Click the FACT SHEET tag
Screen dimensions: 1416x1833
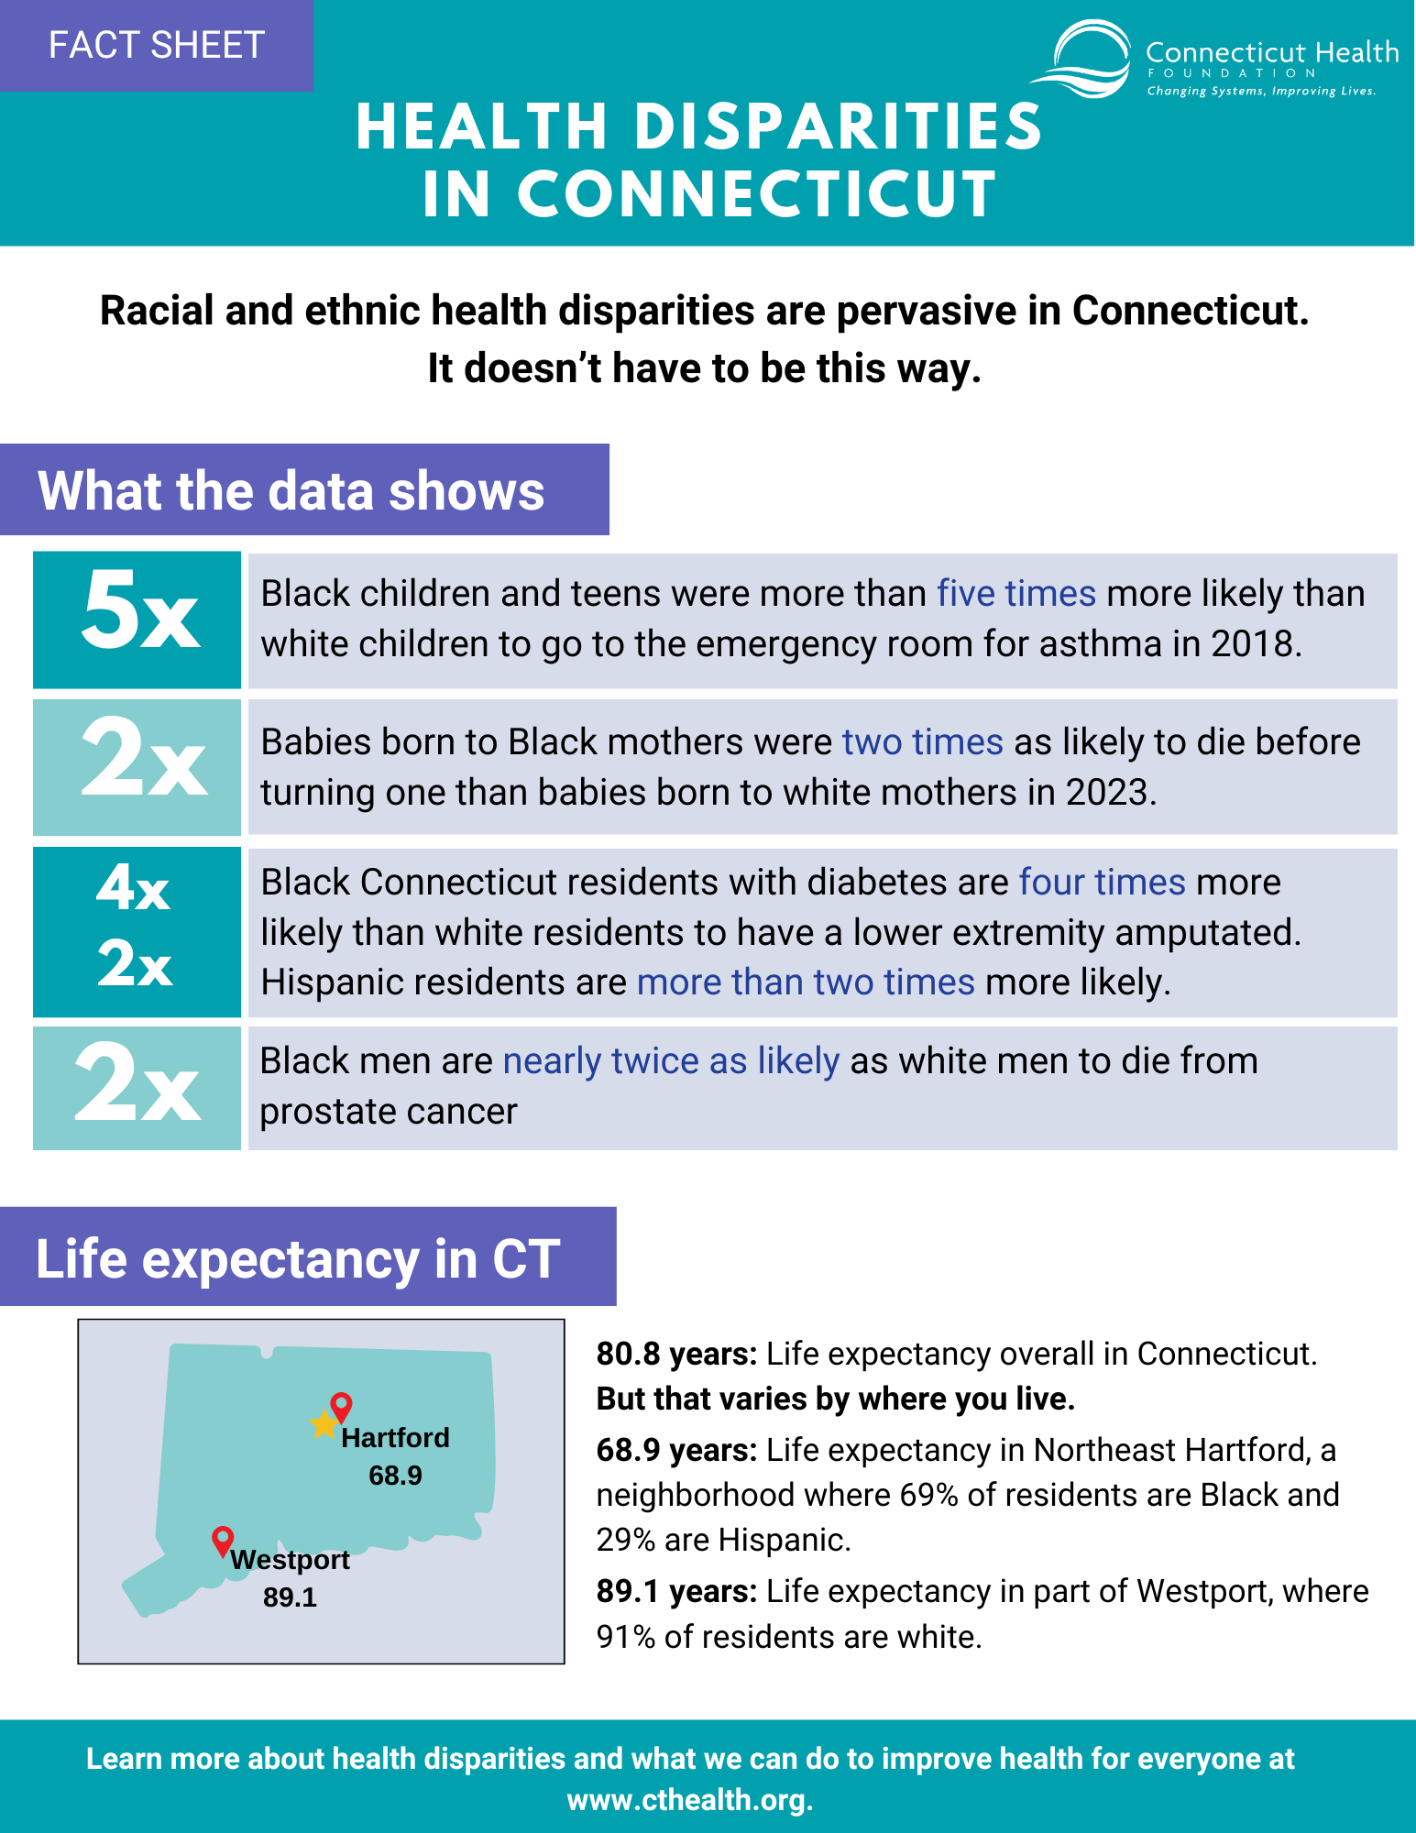157,45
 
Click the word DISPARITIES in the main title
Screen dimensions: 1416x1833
838,126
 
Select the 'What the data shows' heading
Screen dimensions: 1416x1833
291,490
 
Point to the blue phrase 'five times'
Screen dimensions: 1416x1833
1016,594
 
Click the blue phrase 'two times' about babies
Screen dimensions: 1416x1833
923,742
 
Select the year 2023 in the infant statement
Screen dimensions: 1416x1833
1106,793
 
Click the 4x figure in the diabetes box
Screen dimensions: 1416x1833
134,888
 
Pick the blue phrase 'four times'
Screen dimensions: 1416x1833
1103,883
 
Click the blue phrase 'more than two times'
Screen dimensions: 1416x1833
806,982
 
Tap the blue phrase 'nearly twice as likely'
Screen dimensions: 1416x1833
671,1061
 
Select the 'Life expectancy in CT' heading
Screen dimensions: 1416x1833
298,1258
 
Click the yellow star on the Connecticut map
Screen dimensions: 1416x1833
324,1424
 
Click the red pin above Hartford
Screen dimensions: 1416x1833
341,1407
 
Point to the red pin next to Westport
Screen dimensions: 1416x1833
223,1542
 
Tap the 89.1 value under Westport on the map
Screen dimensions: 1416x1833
290,1597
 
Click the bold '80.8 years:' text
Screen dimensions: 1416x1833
676,1354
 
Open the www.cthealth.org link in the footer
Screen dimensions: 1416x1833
689,1800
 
